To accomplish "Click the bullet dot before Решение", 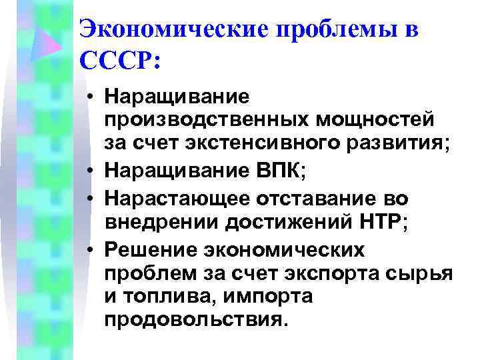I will pyautogui.click(x=89, y=251).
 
